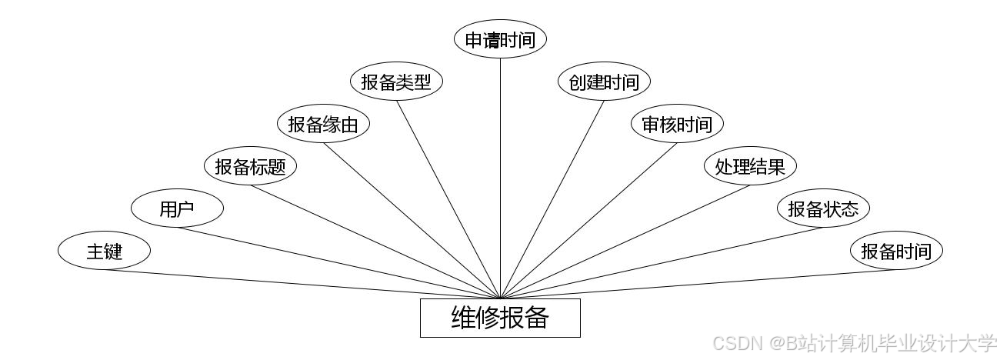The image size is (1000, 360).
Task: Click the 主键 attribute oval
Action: pyautogui.click(x=104, y=251)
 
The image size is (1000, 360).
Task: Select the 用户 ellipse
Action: pyautogui.click(x=177, y=208)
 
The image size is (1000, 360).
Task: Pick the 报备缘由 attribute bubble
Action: pyautogui.click(x=323, y=125)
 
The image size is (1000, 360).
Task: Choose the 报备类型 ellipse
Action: pyautogui.click(x=396, y=82)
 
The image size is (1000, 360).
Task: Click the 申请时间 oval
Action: pyautogui.click(x=500, y=40)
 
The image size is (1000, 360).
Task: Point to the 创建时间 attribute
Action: pyautogui.click(x=604, y=82)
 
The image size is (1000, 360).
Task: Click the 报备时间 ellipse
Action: pyautogui.click(x=896, y=251)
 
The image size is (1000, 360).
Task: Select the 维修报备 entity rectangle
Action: pyautogui.click(x=500, y=318)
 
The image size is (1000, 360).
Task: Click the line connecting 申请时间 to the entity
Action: pyautogui.click(x=501, y=177)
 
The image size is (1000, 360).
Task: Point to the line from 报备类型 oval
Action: pyautogui.click(x=448, y=198)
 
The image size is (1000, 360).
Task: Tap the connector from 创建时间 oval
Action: pyautogui.click(x=552, y=198)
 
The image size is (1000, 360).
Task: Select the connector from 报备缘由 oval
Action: pyautogui.click(x=412, y=220)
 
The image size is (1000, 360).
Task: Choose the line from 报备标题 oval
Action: pyautogui.click(x=376, y=241)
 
